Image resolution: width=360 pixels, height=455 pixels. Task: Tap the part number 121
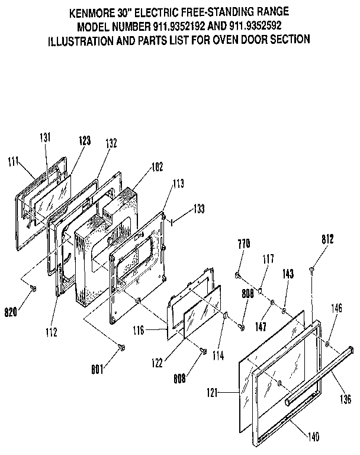[x=227, y=393]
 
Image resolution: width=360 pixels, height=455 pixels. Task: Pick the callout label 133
[x=200, y=209]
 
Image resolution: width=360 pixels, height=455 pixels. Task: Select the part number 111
[x=15, y=161]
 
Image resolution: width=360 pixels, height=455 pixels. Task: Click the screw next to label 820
[x=33, y=288]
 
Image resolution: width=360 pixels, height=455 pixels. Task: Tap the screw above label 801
[x=121, y=347]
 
